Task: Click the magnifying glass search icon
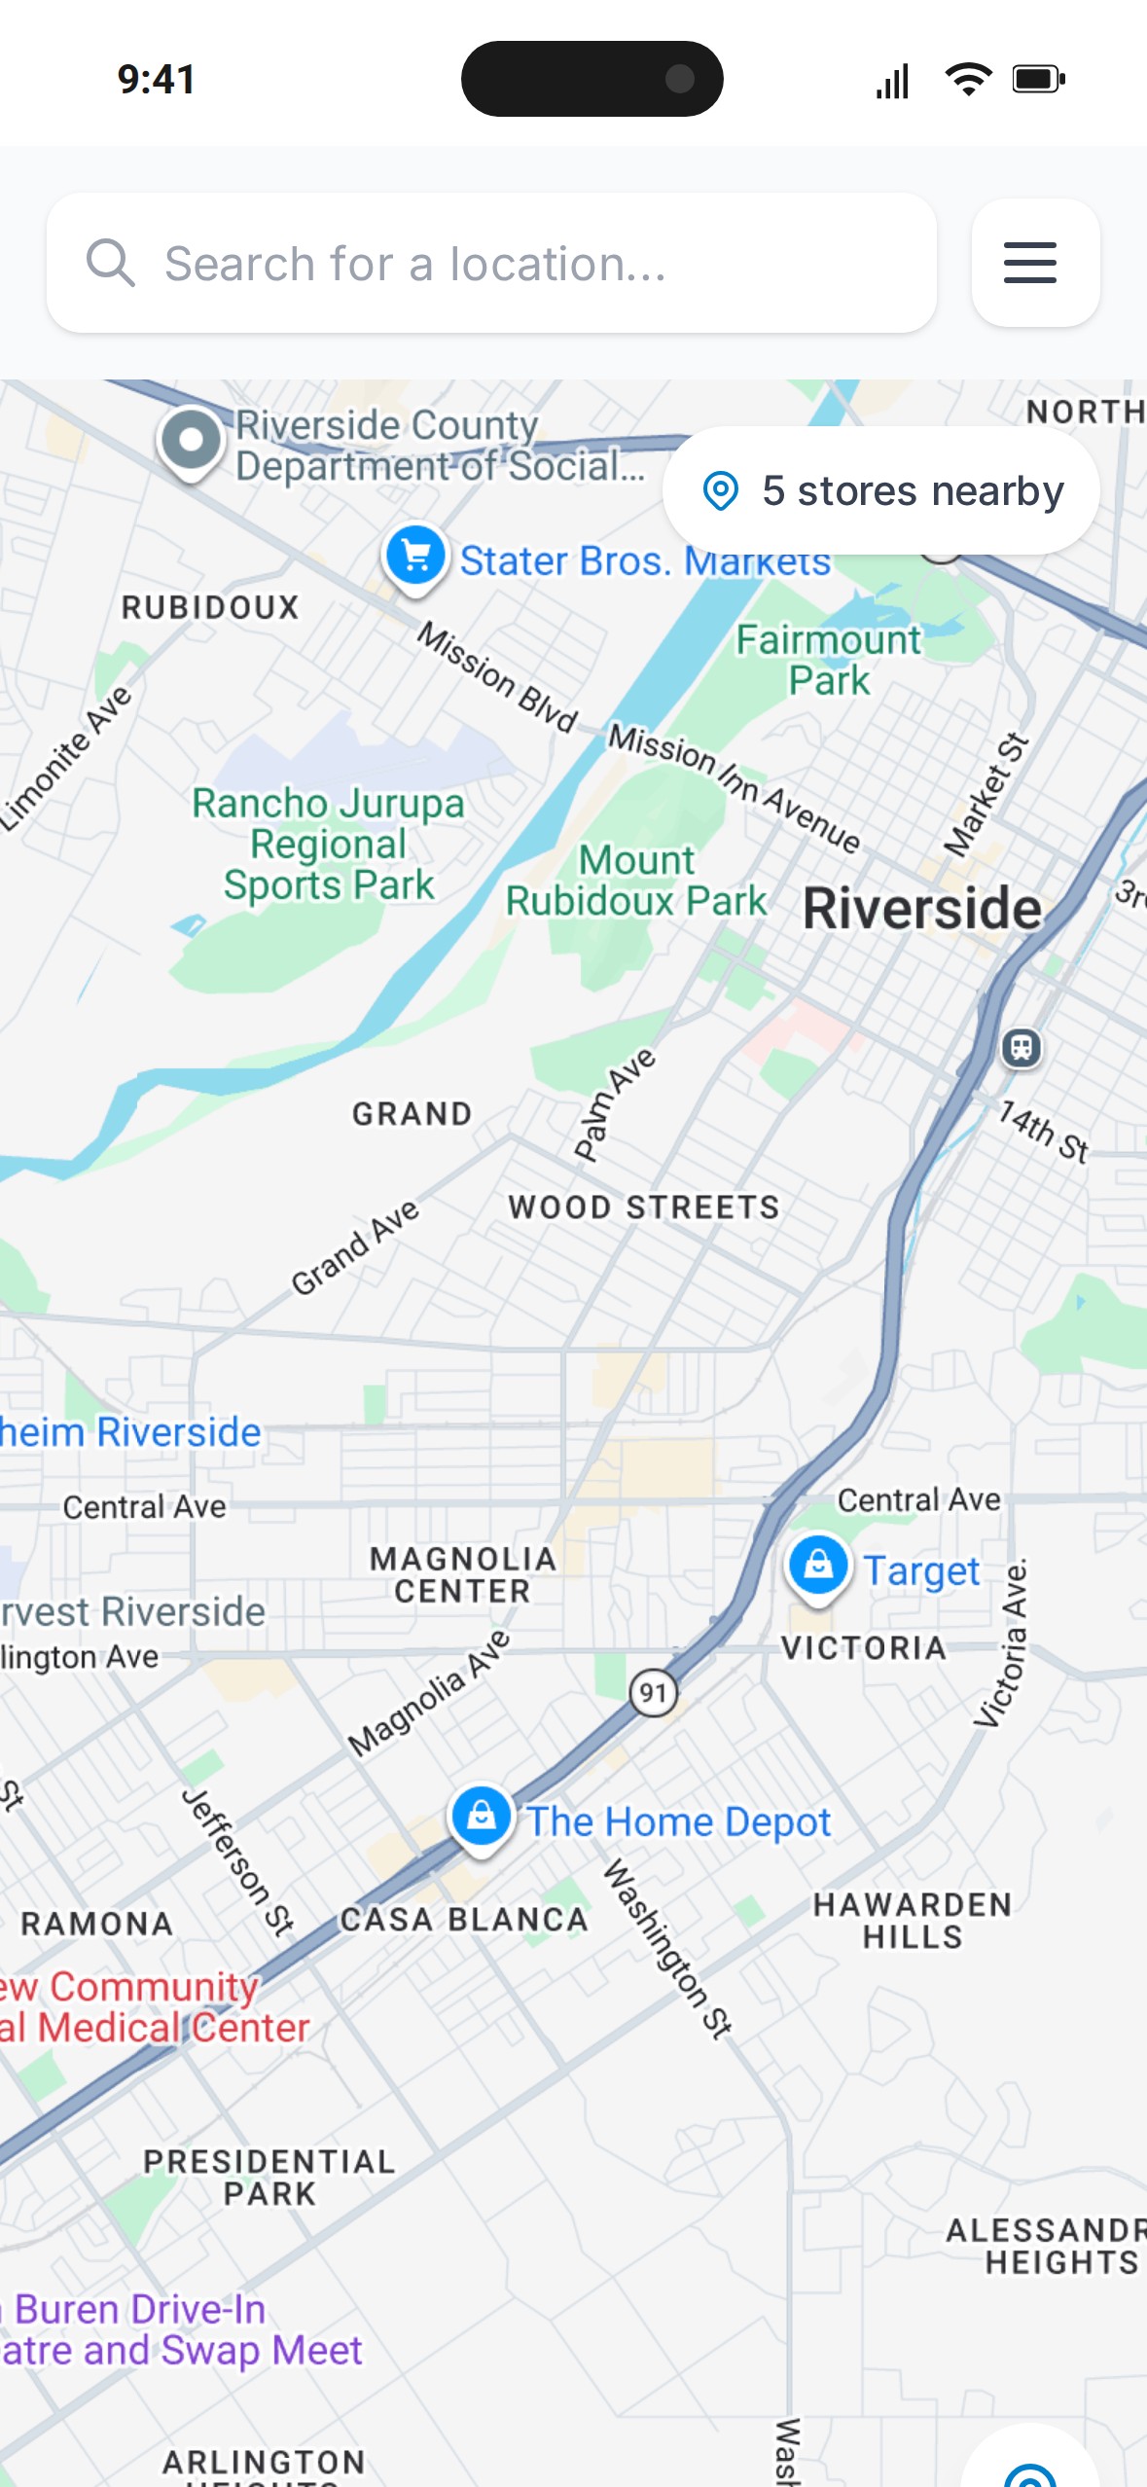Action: pyautogui.click(x=110, y=263)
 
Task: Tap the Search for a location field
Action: pyautogui.click(x=506, y=263)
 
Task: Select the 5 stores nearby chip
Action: pyautogui.click(x=881, y=490)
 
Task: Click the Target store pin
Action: pyautogui.click(x=817, y=1566)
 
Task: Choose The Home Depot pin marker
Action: pyautogui.click(x=481, y=1816)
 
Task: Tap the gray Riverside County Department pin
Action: pyautogui.click(x=192, y=441)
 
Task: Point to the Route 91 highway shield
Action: pyautogui.click(x=653, y=1693)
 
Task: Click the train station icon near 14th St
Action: pyautogui.click(x=1021, y=1048)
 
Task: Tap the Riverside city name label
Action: pyautogui.click(x=921, y=909)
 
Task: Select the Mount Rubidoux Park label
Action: pyautogui.click(x=636, y=881)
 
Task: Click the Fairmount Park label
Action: pyautogui.click(x=828, y=660)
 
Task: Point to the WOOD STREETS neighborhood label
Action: pyautogui.click(x=643, y=1207)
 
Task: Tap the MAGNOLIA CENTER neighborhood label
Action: pyautogui.click(x=462, y=1574)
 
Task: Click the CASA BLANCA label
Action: pyautogui.click(x=463, y=1920)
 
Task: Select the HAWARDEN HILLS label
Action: pyautogui.click(x=912, y=1920)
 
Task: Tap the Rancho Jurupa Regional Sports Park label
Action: pyautogui.click(x=329, y=844)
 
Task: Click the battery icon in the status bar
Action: pyautogui.click(x=1038, y=79)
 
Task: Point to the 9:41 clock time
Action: pyautogui.click(x=157, y=79)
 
